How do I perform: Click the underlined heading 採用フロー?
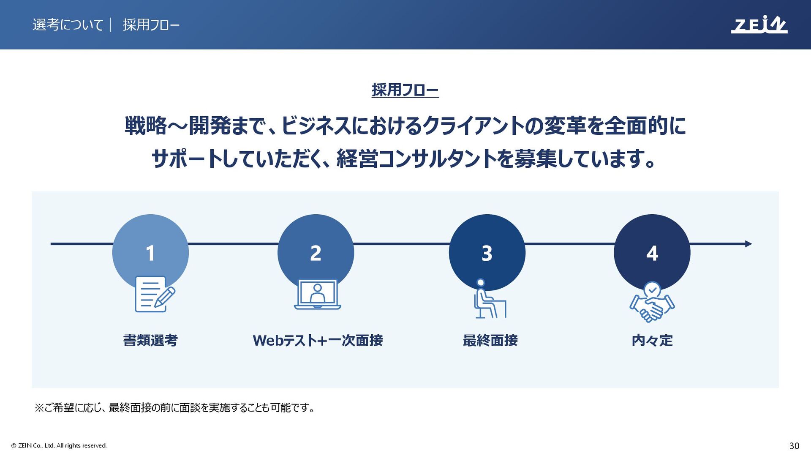click(405, 90)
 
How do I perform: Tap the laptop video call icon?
click(318, 295)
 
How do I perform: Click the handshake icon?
click(652, 302)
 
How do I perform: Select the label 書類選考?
click(150, 340)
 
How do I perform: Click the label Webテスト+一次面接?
click(318, 340)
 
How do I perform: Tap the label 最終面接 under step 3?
click(490, 340)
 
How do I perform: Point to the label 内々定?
click(652, 340)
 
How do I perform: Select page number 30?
click(794, 445)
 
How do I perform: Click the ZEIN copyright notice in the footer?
click(59, 445)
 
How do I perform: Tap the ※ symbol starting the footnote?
click(39, 408)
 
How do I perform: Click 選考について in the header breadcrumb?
click(68, 25)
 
